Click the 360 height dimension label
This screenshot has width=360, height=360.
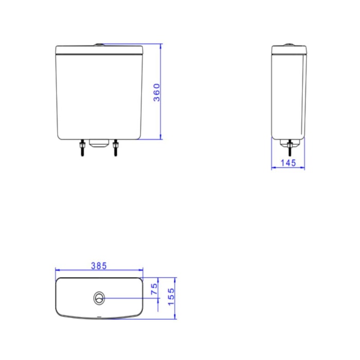[156, 93]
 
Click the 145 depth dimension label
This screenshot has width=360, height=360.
[289, 163]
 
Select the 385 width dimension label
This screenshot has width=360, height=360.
[99, 266]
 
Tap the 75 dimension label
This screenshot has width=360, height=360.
[154, 289]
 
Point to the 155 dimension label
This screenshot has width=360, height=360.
[171, 297]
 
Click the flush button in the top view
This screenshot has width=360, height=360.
[99, 298]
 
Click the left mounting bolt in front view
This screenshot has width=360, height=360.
[82, 148]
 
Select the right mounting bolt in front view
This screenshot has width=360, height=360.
[116, 148]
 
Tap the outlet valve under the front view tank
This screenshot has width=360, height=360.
[99, 143]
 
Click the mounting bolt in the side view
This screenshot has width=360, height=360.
[290, 148]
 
